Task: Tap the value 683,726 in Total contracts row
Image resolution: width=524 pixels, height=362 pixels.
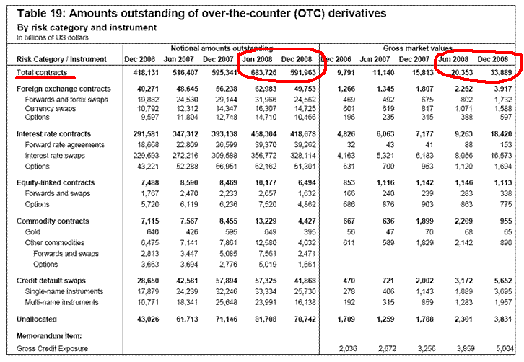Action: (257, 73)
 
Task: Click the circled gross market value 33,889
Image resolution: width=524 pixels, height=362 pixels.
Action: (494, 73)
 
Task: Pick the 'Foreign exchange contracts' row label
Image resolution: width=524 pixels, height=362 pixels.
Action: (64, 89)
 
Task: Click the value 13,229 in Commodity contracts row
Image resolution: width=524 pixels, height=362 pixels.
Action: (258, 221)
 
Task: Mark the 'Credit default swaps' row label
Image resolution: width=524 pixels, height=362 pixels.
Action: (53, 281)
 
